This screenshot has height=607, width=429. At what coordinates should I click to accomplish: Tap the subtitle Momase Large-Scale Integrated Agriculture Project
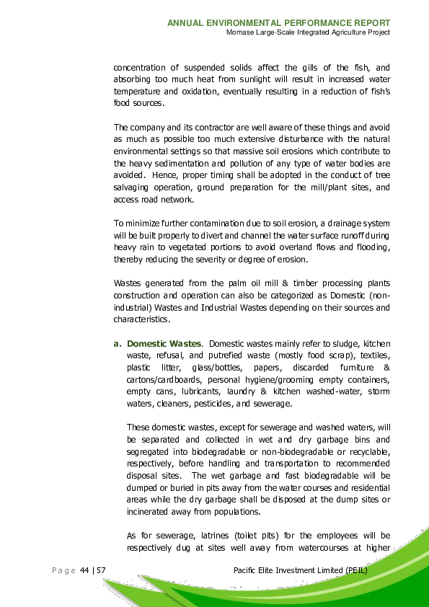click(x=308, y=32)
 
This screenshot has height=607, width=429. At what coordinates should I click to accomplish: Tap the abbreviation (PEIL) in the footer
click(x=355, y=571)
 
